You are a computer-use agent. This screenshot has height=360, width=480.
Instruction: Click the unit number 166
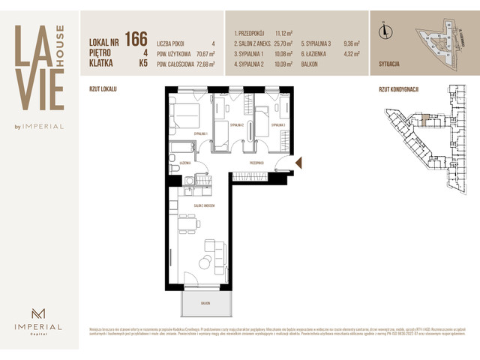pyautogui.click(x=136, y=39)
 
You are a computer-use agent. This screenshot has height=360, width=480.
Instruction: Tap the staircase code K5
pyautogui.click(x=142, y=64)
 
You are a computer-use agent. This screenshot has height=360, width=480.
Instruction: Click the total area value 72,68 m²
pyautogui.click(x=200, y=64)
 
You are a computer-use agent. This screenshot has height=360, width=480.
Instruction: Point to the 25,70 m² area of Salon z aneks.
pyautogui.click(x=285, y=43)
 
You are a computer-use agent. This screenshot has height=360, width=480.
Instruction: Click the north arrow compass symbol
pyautogui.click(x=385, y=31)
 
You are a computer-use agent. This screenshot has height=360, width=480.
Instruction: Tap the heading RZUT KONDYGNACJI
pyautogui.click(x=399, y=89)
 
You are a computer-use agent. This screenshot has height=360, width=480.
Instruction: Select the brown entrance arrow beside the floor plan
pyautogui.click(x=298, y=163)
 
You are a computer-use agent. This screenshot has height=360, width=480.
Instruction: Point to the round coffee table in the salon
pyautogui.click(x=203, y=262)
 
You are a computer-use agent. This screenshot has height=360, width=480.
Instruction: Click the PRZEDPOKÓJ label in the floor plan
pyautogui.click(x=259, y=162)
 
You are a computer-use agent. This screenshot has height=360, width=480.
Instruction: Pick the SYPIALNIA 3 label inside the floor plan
pyautogui.click(x=279, y=125)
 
